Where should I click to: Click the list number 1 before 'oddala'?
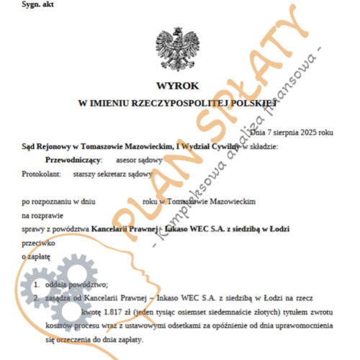tap(36, 286)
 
